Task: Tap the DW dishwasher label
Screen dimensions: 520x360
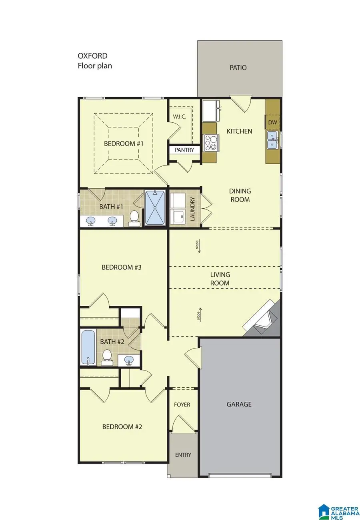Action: click(272, 122)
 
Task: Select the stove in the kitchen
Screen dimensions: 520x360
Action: click(212, 143)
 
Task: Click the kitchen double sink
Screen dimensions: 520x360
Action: click(272, 141)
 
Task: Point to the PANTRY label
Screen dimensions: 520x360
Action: click(184, 150)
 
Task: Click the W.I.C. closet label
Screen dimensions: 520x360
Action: click(180, 117)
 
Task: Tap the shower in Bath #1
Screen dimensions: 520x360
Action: click(154, 208)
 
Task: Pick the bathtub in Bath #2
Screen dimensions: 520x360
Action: click(88, 347)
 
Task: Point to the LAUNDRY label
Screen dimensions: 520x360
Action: click(193, 208)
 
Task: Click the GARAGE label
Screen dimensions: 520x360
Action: click(239, 404)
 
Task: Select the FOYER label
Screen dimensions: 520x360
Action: click(182, 404)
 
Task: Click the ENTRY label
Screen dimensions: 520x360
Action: click(183, 455)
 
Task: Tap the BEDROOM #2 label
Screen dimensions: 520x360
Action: click(122, 427)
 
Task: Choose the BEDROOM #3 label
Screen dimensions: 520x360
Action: click(122, 267)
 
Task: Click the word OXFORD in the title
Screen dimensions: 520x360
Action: click(92, 56)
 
